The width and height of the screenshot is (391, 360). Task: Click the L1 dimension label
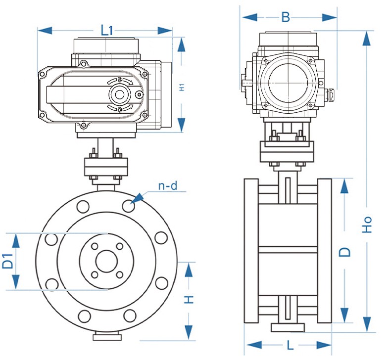coord(107,30)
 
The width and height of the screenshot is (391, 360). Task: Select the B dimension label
coord(286,17)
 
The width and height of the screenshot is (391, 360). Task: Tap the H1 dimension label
coord(182,87)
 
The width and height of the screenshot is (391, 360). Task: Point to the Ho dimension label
coord(367,225)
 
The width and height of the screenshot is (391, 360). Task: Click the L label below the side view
coord(288,344)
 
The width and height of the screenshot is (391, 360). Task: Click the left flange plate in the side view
coord(251,251)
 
